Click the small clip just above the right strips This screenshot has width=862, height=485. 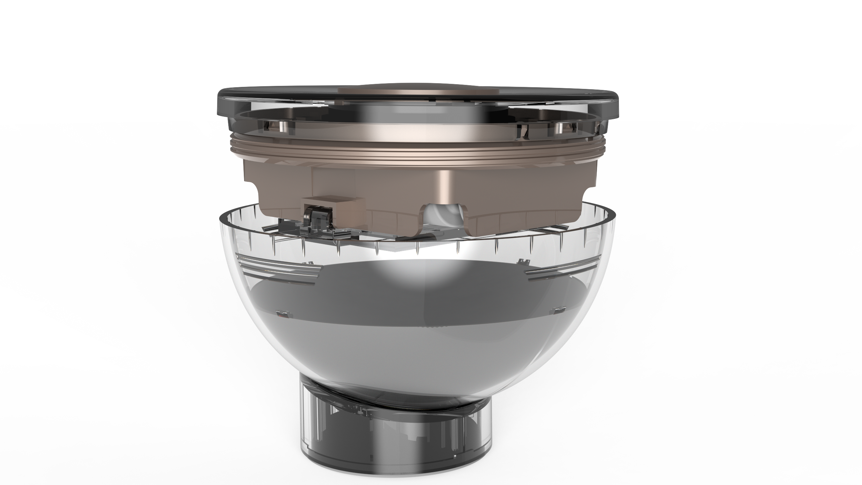522,261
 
